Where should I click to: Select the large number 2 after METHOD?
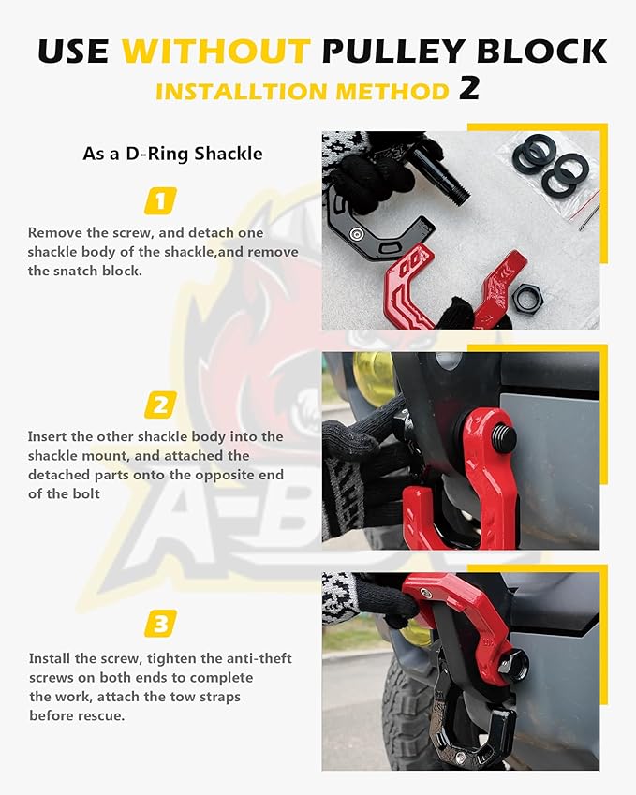469,88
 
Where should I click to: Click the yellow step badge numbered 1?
160,200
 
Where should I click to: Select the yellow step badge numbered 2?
160,405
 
